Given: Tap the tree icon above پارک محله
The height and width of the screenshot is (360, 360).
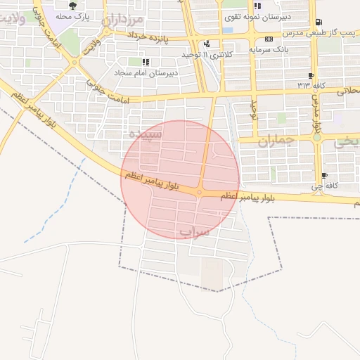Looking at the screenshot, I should [x=72, y=6].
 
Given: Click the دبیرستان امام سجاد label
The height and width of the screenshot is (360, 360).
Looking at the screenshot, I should [x=150, y=72].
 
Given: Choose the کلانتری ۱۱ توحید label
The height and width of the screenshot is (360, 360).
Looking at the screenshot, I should [x=176, y=54].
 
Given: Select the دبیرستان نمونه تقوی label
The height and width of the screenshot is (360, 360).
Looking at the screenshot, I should [x=251, y=14].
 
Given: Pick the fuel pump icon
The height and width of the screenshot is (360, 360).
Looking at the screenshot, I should [x=319, y=22].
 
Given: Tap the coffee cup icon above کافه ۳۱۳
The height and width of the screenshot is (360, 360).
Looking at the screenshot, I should [x=311, y=75].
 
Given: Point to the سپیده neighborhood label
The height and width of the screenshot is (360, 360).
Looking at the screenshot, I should [x=146, y=133].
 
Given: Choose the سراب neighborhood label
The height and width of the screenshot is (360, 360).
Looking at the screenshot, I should [x=195, y=231].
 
